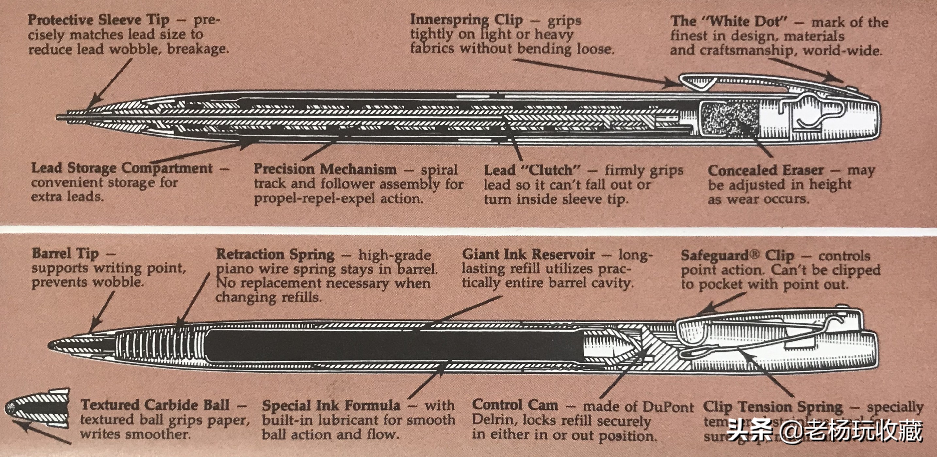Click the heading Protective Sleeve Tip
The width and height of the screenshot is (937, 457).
point(98,20)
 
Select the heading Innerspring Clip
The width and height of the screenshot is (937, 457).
point(466,20)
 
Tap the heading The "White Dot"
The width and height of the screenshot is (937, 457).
point(725,22)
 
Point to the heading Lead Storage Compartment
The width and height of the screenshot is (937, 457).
point(122,168)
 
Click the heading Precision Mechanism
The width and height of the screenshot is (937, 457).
point(325,169)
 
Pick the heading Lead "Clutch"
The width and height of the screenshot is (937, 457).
point(532,170)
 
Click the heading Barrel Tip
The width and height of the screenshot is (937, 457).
point(65,253)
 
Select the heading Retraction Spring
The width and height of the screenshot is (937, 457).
point(275,255)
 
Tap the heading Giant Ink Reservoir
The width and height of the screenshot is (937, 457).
point(528,255)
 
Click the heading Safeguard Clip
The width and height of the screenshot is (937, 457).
point(737,256)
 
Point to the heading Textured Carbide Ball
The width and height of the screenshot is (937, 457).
point(155,405)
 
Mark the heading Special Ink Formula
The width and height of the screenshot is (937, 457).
point(331,406)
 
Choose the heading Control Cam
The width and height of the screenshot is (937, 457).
point(515,405)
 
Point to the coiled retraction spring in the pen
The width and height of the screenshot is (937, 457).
point(160,344)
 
